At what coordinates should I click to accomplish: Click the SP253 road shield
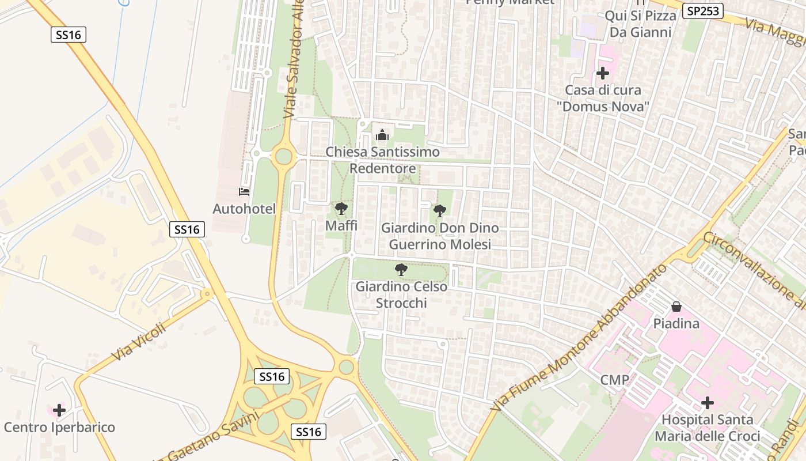pos(703,11)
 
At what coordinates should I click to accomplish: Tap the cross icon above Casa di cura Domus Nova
pos(603,74)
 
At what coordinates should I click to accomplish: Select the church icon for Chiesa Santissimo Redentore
pos(382,136)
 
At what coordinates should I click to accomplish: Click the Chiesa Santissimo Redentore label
pos(383,160)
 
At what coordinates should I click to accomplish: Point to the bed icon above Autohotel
pos(244,192)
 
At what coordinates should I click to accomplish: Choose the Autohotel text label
pos(244,209)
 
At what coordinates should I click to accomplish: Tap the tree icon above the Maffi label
pos(341,209)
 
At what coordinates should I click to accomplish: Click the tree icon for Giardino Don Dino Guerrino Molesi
pos(440,211)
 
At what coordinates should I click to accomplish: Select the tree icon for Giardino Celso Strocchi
pos(401,270)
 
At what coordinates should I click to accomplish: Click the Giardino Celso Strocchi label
pos(401,294)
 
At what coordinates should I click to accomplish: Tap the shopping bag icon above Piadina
pos(676,307)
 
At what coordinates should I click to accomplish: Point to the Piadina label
pos(676,323)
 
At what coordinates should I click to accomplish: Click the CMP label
pos(615,380)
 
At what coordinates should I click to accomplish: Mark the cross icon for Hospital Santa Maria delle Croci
pos(708,403)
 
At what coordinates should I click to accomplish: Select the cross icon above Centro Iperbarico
pos(59,411)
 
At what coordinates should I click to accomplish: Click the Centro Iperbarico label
pos(59,428)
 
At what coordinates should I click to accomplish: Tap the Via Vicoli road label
pos(138,342)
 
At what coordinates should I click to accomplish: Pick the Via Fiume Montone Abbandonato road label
pos(579,337)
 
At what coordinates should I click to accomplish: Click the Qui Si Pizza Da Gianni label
pos(640,24)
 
